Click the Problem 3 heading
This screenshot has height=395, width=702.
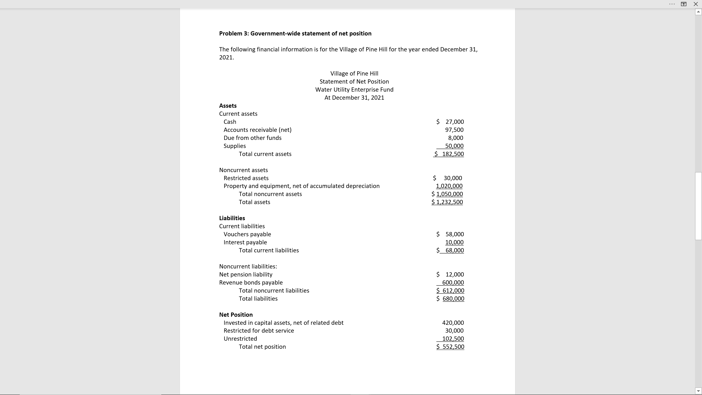tap(295, 33)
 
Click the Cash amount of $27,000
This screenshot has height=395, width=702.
tap(450, 122)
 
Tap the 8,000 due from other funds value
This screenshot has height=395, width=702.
tap(455, 138)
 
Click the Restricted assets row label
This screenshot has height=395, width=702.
tap(246, 178)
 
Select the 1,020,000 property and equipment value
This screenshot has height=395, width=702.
tap(449, 186)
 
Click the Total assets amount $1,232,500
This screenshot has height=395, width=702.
tap(447, 202)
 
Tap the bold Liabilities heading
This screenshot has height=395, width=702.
tap(232, 218)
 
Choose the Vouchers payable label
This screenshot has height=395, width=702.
tap(247, 234)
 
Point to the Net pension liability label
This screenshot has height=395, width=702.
tap(246, 274)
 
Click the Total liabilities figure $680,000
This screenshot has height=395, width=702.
tap(450, 298)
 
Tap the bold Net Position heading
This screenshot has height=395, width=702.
tap(236, 315)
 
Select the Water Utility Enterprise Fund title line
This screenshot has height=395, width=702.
tap(354, 90)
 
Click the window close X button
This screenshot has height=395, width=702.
tap(695, 4)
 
